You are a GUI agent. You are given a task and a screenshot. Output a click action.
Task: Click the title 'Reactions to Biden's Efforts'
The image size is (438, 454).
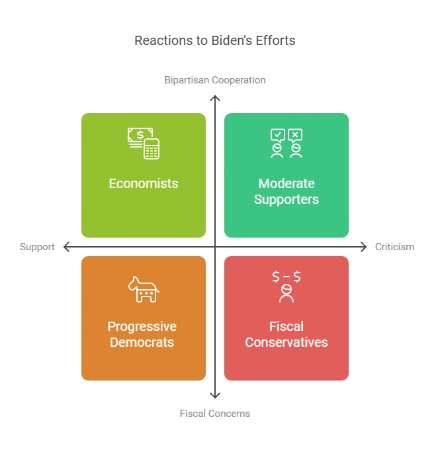click(215, 40)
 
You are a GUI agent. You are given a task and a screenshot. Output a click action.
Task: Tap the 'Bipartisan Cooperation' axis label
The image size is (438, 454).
click(215, 80)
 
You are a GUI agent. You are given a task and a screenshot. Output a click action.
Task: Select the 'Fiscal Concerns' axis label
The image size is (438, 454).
click(215, 414)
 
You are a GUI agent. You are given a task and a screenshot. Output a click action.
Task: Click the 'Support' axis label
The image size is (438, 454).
click(37, 247)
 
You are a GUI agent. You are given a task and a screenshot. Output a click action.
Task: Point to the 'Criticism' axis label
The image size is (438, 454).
click(394, 247)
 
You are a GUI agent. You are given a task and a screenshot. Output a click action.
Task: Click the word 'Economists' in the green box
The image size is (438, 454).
click(144, 183)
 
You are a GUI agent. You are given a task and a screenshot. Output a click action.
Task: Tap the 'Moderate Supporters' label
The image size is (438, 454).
click(286, 191)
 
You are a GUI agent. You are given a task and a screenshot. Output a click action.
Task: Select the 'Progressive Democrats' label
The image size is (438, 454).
click(142, 334)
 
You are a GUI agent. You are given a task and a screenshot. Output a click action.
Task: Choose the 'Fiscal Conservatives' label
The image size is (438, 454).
click(286, 334)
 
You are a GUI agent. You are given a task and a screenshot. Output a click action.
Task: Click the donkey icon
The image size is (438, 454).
click(144, 290)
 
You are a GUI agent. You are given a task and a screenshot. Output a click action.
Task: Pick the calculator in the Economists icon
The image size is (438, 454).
click(152, 149)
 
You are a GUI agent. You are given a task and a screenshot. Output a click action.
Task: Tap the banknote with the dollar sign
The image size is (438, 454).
click(140, 135)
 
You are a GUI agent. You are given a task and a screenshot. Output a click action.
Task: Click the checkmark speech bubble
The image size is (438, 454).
click(278, 136)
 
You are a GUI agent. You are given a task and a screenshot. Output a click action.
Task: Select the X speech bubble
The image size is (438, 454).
click(295, 136)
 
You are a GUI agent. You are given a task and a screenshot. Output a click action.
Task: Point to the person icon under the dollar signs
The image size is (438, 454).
click(286, 294)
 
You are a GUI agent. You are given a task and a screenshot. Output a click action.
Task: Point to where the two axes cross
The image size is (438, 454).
click(215, 247)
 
